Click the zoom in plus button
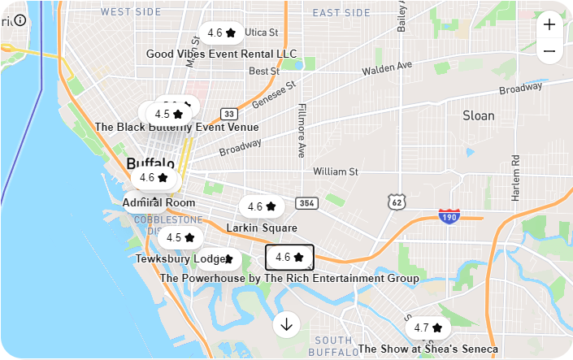(549, 24)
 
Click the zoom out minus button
(549, 52)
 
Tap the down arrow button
(286, 324)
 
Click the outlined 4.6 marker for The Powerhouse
(289, 257)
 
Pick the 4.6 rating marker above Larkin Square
(262, 206)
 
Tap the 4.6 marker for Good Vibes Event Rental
(221, 33)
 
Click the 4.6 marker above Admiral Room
(154, 177)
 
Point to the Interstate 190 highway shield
(449, 216)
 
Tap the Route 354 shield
(306, 203)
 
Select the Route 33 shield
(229, 114)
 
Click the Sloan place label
(478, 115)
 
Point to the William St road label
(336, 171)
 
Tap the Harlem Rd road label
(515, 179)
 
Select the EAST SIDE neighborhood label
(341, 12)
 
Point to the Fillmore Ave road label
(301, 130)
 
